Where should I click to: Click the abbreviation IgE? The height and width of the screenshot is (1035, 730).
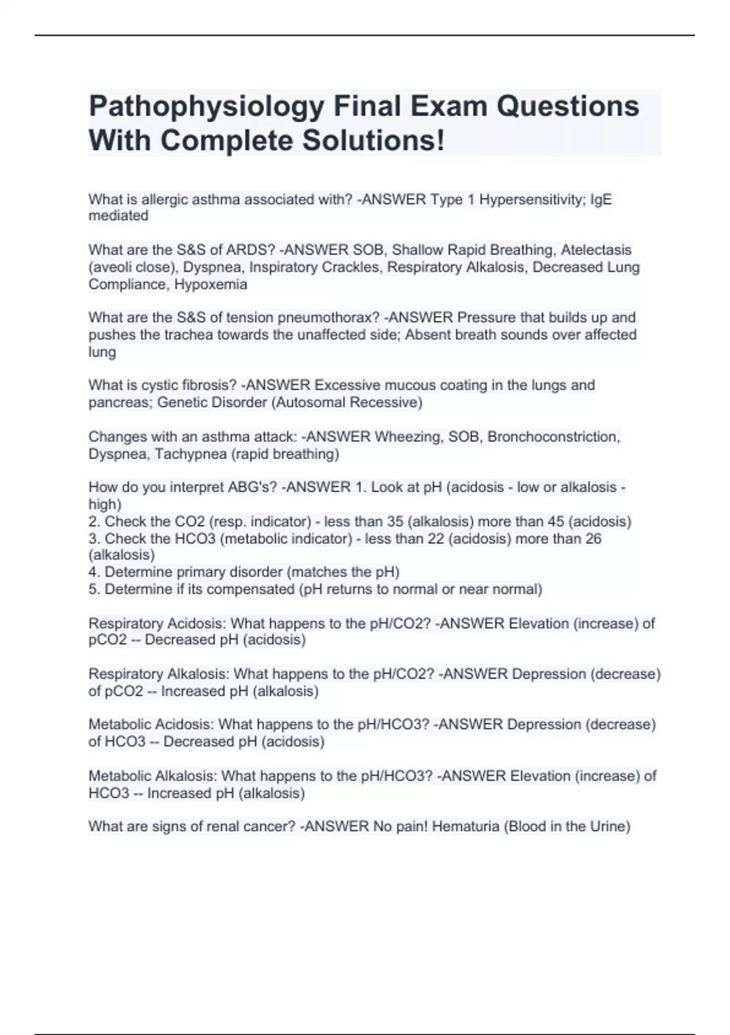(x=601, y=200)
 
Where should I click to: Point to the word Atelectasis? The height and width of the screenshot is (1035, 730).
(x=596, y=250)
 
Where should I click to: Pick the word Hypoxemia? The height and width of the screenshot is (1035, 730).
(x=210, y=284)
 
